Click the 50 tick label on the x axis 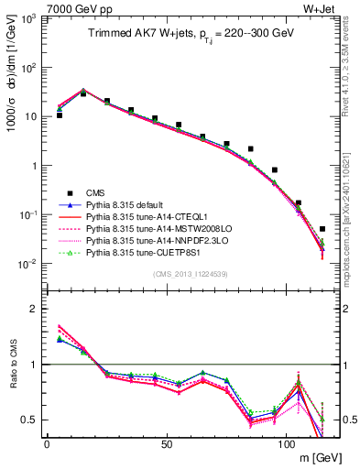[166, 445]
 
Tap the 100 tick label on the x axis [286, 445]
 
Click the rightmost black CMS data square [322, 229]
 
